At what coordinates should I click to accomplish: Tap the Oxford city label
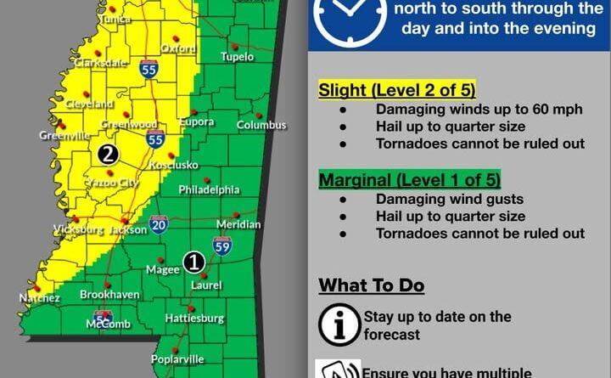pyautogui.click(x=177, y=49)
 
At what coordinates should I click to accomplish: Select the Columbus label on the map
pyautogui.click(x=261, y=126)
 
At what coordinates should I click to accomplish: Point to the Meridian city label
pyautogui.click(x=239, y=224)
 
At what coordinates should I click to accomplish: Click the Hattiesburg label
pyautogui.click(x=194, y=319)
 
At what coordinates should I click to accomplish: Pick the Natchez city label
pyautogui.click(x=40, y=298)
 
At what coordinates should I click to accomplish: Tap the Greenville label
pyautogui.click(x=64, y=135)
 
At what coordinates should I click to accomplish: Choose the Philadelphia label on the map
pyautogui.click(x=209, y=190)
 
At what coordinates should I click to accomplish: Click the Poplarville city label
pyautogui.click(x=177, y=359)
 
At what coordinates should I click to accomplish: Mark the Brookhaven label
pyautogui.click(x=104, y=294)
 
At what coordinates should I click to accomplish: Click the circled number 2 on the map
pyautogui.click(x=108, y=154)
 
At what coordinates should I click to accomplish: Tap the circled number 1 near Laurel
pyautogui.click(x=194, y=262)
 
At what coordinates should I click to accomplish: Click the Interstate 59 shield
pyautogui.click(x=221, y=246)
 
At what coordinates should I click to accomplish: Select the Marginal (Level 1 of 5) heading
pyautogui.click(x=409, y=180)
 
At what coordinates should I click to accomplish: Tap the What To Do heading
pyautogui.click(x=371, y=285)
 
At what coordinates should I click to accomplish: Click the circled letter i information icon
pyautogui.click(x=339, y=324)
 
